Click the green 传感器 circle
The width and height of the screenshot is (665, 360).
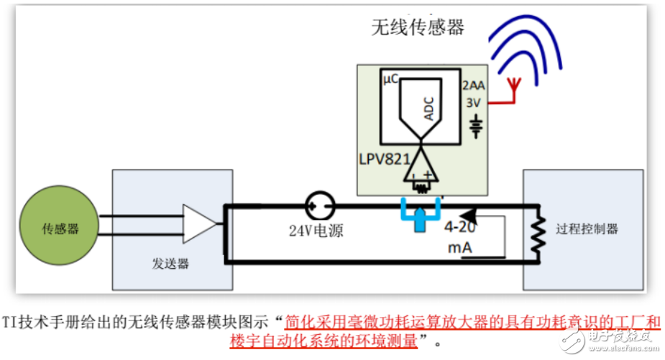coord(60,229)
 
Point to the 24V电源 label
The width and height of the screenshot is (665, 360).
coord(316,232)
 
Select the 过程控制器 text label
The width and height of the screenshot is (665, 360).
coord(587,229)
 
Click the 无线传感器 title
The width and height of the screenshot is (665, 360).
coord(417,27)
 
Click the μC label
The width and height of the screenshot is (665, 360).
coord(390,80)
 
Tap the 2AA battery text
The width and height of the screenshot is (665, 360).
coord(473,85)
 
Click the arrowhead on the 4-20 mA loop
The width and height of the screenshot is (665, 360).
coord(469,213)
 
